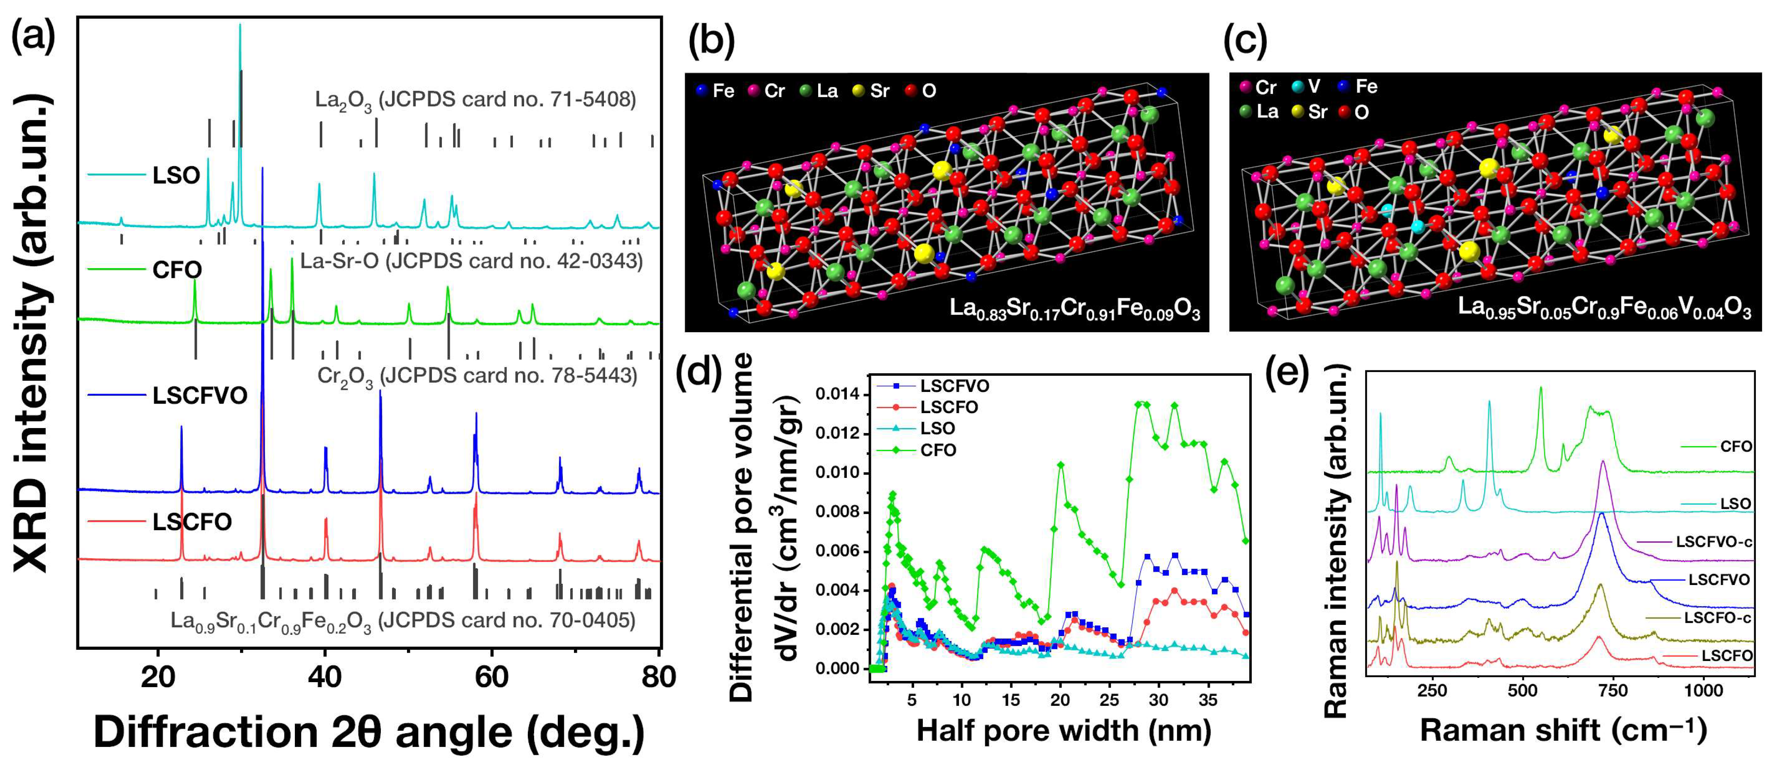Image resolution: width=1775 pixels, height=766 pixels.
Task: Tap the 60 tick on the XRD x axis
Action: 491,677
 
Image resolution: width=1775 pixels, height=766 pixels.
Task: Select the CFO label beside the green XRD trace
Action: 177,269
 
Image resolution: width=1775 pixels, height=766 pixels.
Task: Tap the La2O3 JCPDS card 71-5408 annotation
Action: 476,100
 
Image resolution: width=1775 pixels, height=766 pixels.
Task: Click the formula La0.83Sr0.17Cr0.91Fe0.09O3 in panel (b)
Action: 1074,308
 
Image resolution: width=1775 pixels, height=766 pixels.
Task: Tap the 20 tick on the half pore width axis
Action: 1060,700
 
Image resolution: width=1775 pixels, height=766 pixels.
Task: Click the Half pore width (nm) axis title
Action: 1063,731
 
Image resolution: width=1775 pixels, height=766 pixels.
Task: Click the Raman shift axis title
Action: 1563,731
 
